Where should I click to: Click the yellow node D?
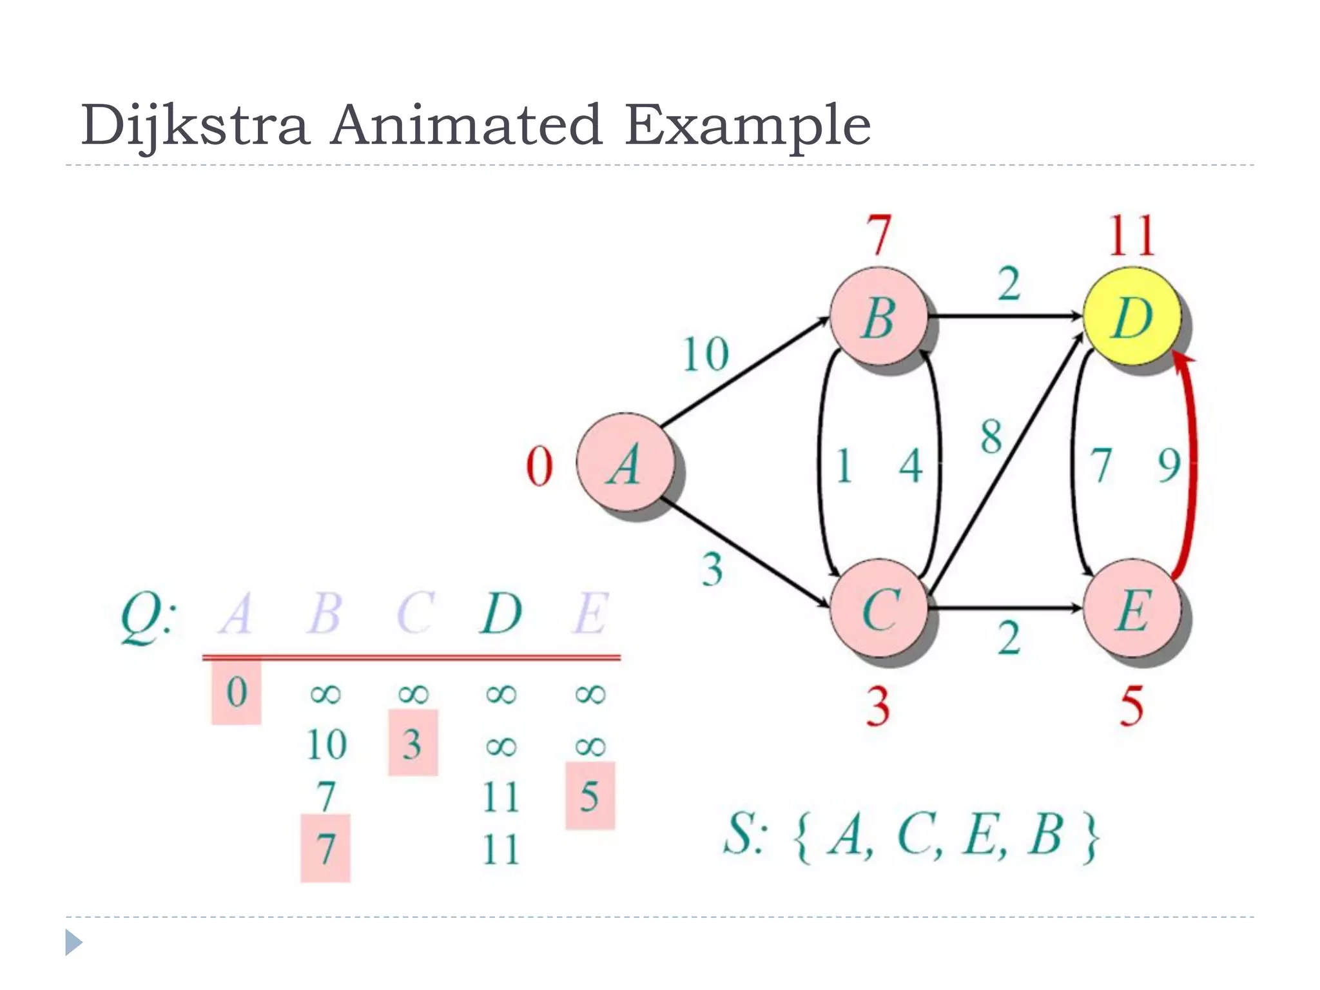tap(1132, 317)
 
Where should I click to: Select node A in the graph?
tap(625, 463)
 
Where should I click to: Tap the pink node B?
tap(878, 317)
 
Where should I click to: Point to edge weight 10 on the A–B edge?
tap(706, 354)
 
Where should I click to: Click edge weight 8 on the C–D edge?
tap(991, 437)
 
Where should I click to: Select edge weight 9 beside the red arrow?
tap(1168, 465)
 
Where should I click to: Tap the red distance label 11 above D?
tap(1132, 236)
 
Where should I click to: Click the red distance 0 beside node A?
tap(539, 465)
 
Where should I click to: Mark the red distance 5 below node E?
tap(1132, 706)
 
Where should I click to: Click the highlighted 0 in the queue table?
tap(237, 692)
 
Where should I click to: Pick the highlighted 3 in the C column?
tap(412, 744)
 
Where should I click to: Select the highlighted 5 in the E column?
tap(590, 796)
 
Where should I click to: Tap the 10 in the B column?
tap(326, 744)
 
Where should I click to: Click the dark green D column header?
tap(501, 614)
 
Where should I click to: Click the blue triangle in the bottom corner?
tap(73, 942)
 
